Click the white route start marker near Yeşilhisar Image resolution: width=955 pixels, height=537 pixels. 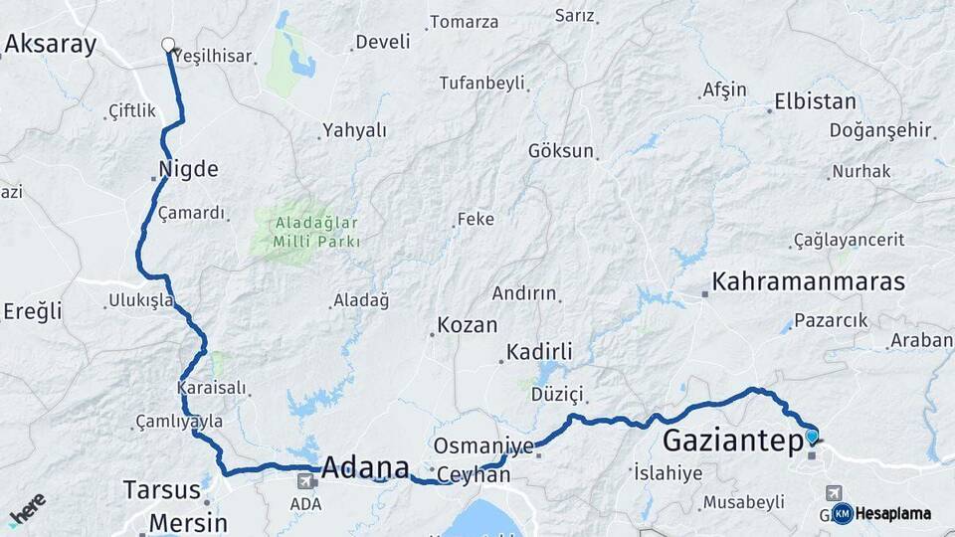click(168, 45)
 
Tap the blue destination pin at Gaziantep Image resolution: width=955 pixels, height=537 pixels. click(812, 436)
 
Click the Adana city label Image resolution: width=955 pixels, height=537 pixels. click(365, 467)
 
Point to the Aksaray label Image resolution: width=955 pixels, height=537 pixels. click(51, 44)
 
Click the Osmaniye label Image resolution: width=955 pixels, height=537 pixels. click(484, 447)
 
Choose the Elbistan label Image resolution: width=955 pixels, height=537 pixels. click(815, 101)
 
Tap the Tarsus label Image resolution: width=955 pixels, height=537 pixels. click(162, 489)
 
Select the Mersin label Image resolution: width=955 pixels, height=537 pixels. click(188, 522)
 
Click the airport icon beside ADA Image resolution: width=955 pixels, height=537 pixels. click(304, 480)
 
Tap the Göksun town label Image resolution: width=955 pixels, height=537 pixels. click(561, 151)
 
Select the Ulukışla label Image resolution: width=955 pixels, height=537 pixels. click(141, 298)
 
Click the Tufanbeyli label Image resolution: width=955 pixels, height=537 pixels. click(481, 83)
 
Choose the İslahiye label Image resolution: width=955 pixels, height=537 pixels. click(668, 472)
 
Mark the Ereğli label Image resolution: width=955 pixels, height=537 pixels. click(32, 311)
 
